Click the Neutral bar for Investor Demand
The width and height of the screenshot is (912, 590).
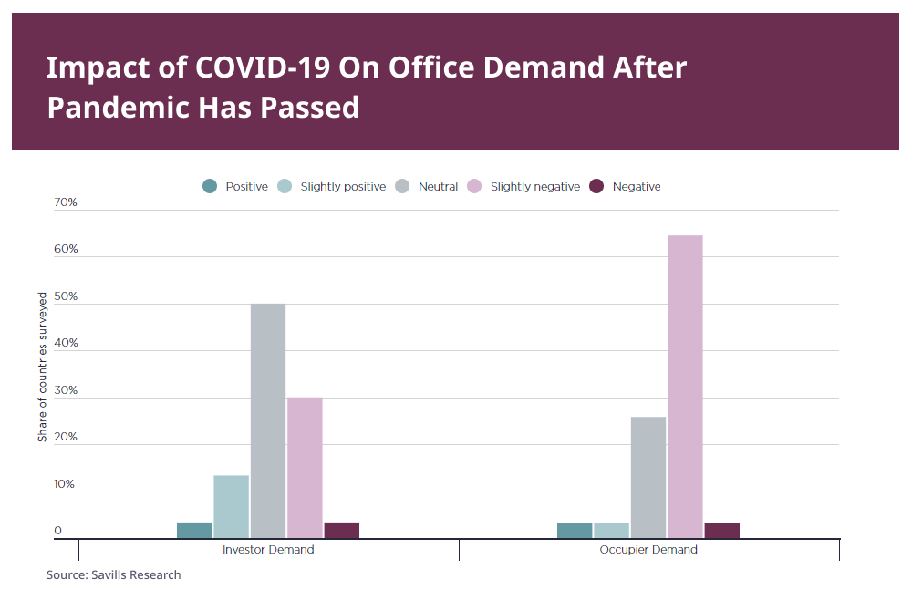pyautogui.click(x=268, y=420)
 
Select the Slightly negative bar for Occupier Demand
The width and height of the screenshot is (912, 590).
pyautogui.click(x=685, y=387)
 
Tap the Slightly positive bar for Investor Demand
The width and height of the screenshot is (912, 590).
pyautogui.click(x=231, y=506)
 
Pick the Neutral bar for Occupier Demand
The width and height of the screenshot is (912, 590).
pyautogui.click(x=648, y=477)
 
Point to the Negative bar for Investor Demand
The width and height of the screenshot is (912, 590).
pyautogui.click(x=342, y=530)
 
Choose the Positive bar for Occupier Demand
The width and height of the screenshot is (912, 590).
pyautogui.click(x=575, y=530)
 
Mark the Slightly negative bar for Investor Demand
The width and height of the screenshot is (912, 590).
pyautogui.click(x=305, y=467)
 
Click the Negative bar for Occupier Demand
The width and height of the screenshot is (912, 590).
pyautogui.click(x=722, y=530)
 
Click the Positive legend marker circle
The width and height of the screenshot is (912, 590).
pyautogui.click(x=210, y=186)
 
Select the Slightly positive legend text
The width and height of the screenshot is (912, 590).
pyautogui.click(x=343, y=187)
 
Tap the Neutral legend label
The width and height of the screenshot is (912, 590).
pyautogui.click(x=438, y=187)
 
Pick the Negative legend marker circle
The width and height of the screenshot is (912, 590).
pyautogui.click(x=596, y=186)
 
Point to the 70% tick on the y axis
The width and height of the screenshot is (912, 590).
pyautogui.click(x=66, y=202)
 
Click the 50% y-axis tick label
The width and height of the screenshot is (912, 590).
pyautogui.click(x=66, y=297)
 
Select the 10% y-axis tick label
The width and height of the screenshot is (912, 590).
pyautogui.click(x=66, y=484)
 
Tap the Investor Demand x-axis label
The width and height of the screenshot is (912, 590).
pyautogui.click(x=268, y=550)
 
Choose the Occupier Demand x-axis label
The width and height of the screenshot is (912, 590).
pyautogui.click(x=648, y=550)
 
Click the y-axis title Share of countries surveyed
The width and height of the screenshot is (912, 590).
pyautogui.click(x=42, y=367)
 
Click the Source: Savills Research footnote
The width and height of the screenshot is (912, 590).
pyautogui.click(x=114, y=574)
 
